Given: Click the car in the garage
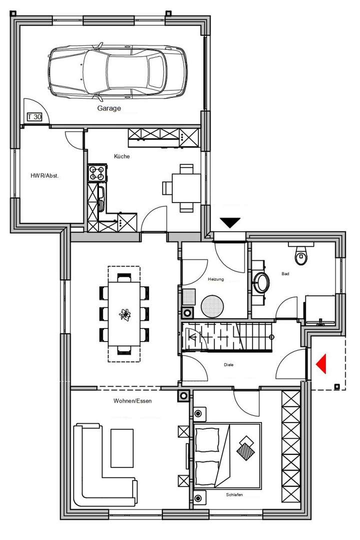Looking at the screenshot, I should point(117,71).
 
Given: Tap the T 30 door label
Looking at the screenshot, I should point(34,117).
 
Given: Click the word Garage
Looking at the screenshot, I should point(109,107).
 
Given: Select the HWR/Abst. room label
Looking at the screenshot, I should point(45,175).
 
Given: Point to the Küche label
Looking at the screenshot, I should point(121,156).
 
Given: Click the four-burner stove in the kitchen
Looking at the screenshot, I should point(97,173).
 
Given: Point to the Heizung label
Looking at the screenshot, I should point(216,279).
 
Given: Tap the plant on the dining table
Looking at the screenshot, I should point(124,314).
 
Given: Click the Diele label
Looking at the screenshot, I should point(228,364).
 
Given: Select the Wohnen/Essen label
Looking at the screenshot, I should point(132,400).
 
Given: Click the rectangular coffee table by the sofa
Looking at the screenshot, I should point(122,447).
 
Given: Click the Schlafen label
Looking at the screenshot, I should point(234,494).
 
